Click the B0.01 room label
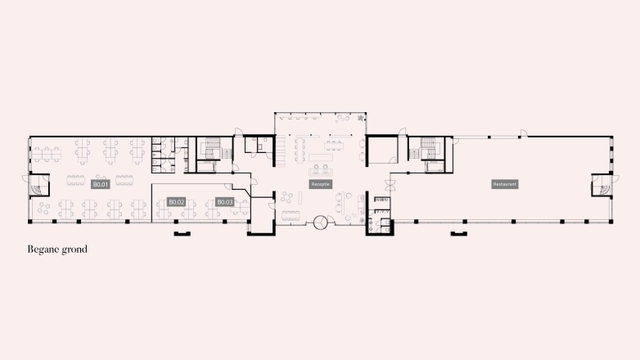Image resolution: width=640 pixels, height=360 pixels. click(x=101, y=184)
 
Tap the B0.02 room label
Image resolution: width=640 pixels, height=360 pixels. click(x=176, y=201)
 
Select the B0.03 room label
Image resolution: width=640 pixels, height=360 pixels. click(x=225, y=201)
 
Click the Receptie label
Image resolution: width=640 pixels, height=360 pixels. click(x=320, y=184)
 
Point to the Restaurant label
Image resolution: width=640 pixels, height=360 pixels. click(x=504, y=184)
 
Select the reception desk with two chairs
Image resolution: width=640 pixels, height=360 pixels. click(x=320, y=170)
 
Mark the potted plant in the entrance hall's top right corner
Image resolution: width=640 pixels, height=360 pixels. click(x=359, y=119)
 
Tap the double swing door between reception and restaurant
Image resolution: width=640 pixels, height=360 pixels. click(x=391, y=185)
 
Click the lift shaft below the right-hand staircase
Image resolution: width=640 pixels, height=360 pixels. click(x=434, y=168)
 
